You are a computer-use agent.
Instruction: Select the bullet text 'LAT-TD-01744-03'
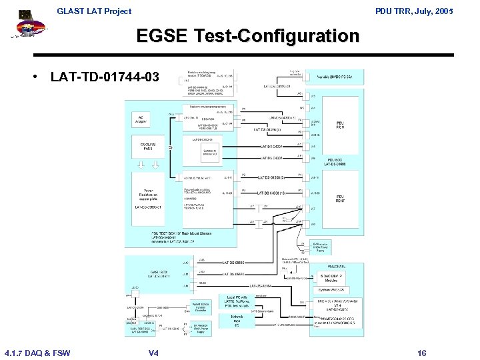click(x=105, y=77)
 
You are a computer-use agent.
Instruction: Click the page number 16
click(x=421, y=353)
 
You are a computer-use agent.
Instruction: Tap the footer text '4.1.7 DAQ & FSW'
click(x=37, y=353)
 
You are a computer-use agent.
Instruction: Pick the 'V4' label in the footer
click(x=153, y=353)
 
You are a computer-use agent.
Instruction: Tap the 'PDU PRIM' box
click(x=340, y=125)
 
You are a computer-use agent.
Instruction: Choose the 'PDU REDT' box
click(x=340, y=198)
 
